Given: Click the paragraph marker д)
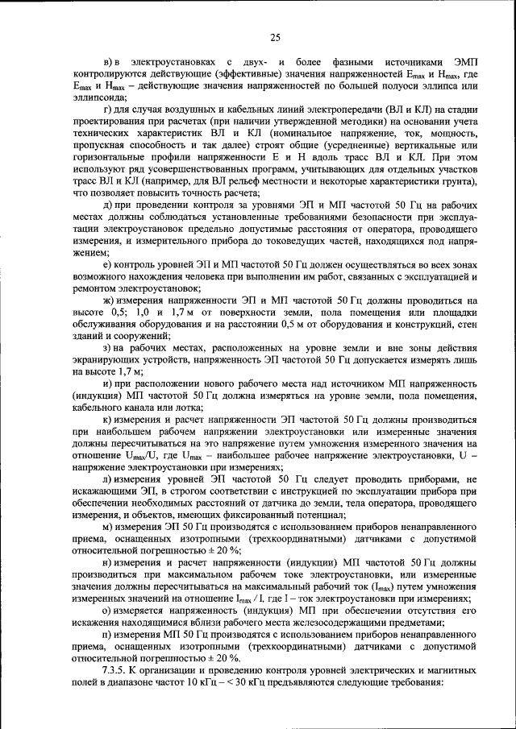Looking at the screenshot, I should [109, 205].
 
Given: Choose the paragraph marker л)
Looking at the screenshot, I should [110, 479].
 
